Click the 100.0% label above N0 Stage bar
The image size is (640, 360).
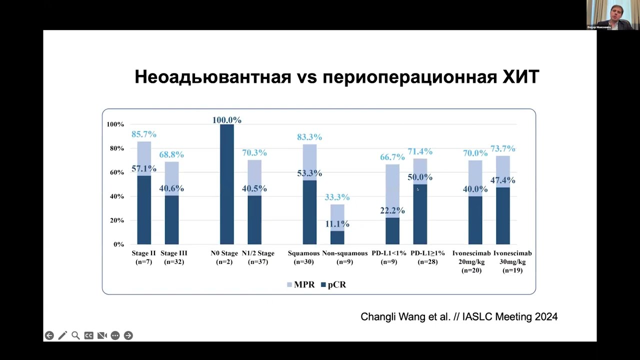pyautogui.click(x=226, y=120)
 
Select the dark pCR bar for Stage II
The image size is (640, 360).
pyautogui.click(x=144, y=210)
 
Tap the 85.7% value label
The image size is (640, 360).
pyautogui.click(x=144, y=134)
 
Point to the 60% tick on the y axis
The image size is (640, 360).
pyautogui.click(x=115, y=172)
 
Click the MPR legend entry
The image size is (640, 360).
pyautogui.click(x=300, y=284)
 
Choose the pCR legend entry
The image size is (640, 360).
pyautogui.click(x=333, y=284)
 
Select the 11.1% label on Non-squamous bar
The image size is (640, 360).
pyautogui.click(x=337, y=224)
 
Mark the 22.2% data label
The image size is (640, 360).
pyautogui.click(x=392, y=210)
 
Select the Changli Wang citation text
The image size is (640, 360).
pyautogui.click(x=459, y=316)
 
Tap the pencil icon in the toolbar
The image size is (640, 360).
pyautogui.click(x=62, y=335)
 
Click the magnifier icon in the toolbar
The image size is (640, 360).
pyautogui.click(x=75, y=335)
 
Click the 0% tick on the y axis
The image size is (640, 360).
pyautogui.click(x=118, y=244)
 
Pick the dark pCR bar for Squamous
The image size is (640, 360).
pyautogui.click(x=309, y=212)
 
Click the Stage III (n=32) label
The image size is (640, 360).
pyautogui.click(x=173, y=257)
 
